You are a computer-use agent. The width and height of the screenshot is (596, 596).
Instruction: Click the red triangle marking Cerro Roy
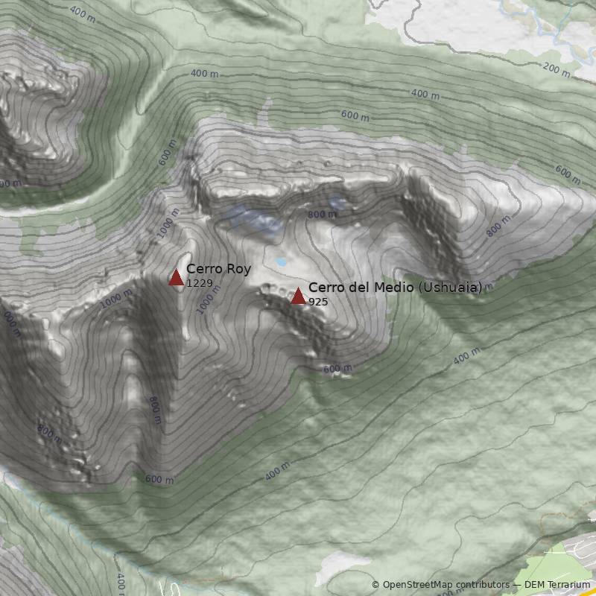(x=176, y=278)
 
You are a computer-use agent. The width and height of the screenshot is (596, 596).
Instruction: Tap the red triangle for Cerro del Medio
(x=298, y=296)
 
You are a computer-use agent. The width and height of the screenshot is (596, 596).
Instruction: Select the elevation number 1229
(x=200, y=283)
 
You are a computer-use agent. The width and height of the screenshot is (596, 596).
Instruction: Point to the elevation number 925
(x=318, y=302)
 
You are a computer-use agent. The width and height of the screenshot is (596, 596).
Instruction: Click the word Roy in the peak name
(x=239, y=269)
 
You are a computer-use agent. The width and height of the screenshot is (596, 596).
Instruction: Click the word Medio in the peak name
(x=396, y=287)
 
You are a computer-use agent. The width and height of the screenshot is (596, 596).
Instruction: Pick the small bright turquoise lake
(x=281, y=262)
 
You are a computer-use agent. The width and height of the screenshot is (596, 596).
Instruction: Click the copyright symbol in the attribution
(x=375, y=585)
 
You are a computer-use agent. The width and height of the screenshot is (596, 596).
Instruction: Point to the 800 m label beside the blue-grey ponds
(x=322, y=215)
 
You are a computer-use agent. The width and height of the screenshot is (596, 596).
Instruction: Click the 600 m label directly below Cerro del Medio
(x=337, y=369)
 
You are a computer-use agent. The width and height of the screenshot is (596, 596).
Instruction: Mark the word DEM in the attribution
(x=534, y=585)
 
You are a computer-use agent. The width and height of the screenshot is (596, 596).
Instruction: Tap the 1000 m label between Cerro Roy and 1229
(x=209, y=299)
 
